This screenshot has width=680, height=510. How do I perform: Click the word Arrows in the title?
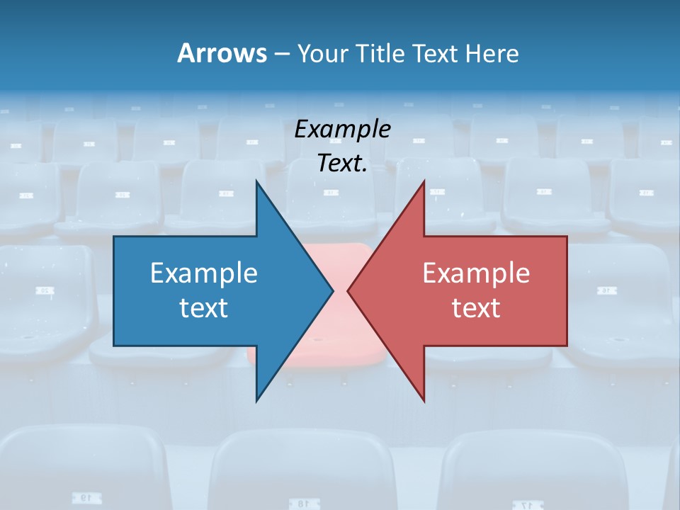221,53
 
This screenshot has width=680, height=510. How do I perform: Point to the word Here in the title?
492,53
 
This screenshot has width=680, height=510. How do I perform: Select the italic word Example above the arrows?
342,130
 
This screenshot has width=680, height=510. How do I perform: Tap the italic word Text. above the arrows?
342,164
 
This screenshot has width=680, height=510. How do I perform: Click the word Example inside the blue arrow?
204,273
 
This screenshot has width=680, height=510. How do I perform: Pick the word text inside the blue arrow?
204,308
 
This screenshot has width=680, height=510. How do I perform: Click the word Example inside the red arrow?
476,273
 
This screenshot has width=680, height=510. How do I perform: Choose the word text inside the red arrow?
476,308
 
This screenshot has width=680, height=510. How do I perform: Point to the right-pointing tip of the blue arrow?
332,290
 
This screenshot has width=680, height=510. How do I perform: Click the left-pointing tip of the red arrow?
348,290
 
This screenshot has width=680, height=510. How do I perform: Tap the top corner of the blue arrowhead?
256,182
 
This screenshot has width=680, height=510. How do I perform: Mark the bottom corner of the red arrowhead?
424,400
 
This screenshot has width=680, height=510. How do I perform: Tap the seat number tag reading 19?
84,499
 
